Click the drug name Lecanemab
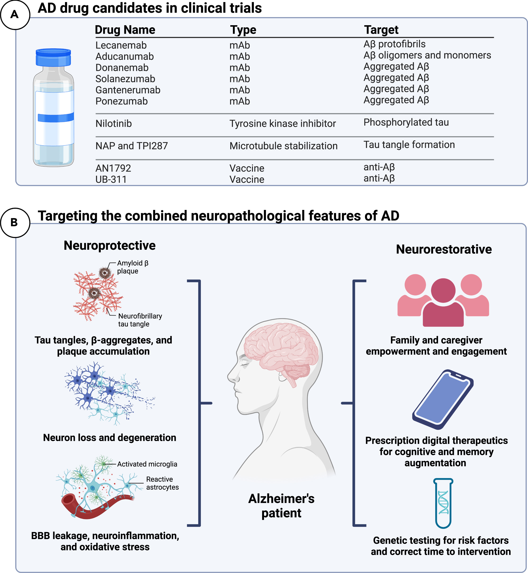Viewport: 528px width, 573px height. coord(121,45)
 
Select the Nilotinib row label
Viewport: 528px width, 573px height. coord(114,123)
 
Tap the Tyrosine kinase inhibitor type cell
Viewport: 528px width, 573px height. coord(282,123)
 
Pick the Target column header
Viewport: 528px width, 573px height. coord(381,30)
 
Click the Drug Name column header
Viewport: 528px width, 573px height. coord(125,30)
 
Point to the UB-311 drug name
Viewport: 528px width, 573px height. coord(111,179)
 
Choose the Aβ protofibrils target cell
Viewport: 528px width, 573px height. coord(394,44)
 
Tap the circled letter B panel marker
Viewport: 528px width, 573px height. coord(15,222)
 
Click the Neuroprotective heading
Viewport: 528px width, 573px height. coord(110,246)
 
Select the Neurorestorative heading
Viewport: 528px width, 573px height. coord(443,249)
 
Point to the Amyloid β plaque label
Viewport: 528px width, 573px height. coord(133,267)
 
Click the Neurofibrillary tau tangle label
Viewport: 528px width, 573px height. coord(140,320)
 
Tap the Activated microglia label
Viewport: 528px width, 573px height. coord(147,464)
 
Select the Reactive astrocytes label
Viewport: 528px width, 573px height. coord(162,483)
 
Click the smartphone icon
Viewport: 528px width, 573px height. coord(443,399)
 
